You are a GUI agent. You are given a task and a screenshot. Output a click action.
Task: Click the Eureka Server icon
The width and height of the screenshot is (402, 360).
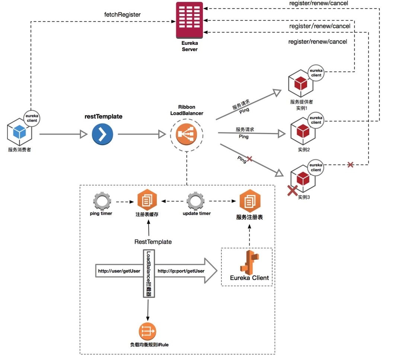tap(189, 20)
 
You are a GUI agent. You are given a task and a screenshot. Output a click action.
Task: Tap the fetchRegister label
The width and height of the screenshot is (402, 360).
tap(122, 15)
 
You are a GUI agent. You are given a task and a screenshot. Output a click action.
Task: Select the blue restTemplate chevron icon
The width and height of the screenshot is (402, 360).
tap(102, 134)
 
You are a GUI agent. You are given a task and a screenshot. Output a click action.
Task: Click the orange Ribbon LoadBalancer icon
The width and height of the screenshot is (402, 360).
tap(186, 134)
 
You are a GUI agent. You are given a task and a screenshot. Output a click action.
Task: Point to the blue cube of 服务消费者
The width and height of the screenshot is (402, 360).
tap(19, 132)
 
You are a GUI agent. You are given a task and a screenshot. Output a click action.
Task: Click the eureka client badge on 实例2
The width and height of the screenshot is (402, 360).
tap(316, 120)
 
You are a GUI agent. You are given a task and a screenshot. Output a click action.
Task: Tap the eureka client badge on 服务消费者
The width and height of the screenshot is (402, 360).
tap(32, 118)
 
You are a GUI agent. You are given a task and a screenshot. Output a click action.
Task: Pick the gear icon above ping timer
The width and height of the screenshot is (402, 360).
tap(102, 201)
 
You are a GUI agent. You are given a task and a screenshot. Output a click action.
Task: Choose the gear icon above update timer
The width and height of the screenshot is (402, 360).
tap(196, 201)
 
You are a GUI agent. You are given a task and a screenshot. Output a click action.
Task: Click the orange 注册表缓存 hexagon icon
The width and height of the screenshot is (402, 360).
tap(147, 200)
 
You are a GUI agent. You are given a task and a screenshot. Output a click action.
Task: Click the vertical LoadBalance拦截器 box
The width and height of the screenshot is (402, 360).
tap(149, 274)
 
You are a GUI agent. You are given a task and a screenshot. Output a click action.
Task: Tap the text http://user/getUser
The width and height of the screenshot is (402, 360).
tap(119, 271)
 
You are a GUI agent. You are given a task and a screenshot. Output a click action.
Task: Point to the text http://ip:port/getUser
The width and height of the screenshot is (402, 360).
tap(181, 271)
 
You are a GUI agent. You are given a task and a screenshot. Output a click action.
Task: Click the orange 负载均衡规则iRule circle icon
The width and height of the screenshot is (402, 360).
tap(147, 331)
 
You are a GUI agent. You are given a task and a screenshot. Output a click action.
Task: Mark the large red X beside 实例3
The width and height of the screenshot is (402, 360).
tap(293, 191)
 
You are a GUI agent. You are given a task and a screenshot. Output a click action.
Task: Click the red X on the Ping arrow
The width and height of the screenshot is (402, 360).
tap(249, 159)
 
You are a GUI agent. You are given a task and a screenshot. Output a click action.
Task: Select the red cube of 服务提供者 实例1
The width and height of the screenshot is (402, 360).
tap(301, 83)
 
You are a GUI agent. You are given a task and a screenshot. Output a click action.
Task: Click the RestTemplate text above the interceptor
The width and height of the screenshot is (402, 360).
tap(153, 241)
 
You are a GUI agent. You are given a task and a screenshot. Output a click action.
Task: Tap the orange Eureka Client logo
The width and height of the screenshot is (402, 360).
tap(249, 263)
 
